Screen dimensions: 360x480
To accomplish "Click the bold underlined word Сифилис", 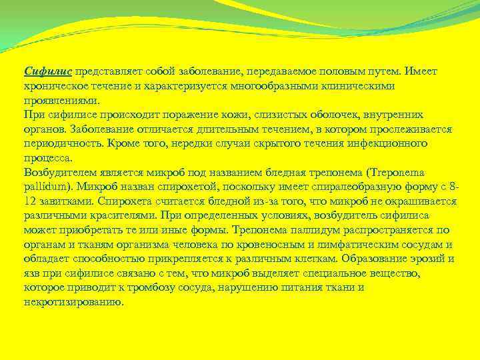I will pyautogui.click(x=47, y=71).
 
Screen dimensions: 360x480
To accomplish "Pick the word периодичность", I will pyautogui.click(x=63, y=144).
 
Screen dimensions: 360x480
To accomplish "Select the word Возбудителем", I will pyautogui.click(x=57, y=173).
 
